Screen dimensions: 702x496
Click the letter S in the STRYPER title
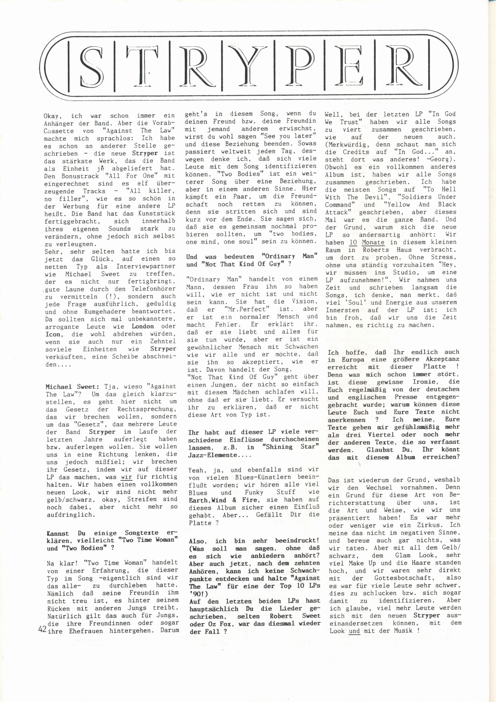coord(91,66)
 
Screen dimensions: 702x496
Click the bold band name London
coord(143,326)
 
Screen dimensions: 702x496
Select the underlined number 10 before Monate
coord(353,242)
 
